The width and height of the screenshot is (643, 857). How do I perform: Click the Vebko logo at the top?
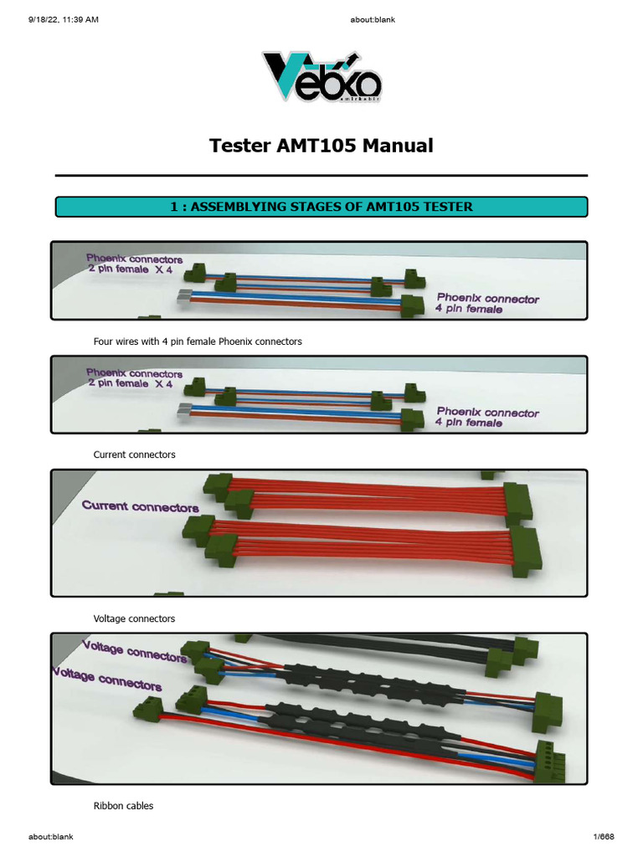pyautogui.click(x=321, y=78)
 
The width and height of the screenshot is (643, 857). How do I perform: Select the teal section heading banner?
pyautogui.click(x=321, y=207)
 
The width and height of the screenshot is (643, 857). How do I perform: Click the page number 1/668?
pyautogui.click(x=601, y=837)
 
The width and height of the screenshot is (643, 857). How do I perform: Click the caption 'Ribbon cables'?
pyautogui.click(x=123, y=806)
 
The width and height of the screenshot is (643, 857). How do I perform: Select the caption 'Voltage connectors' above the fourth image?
pyautogui.click(x=134, y=618)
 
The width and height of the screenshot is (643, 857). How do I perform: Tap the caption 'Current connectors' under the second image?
pyautogui.click(x=134, y=454)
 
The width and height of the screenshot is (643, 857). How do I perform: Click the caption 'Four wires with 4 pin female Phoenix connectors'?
pyautogui.click(x=197, y=341)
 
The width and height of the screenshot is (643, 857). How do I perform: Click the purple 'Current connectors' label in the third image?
pyautogui.click(x=140, y=506)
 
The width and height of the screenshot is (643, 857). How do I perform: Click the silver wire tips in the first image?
pyautogui.click(x=185, y=295)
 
